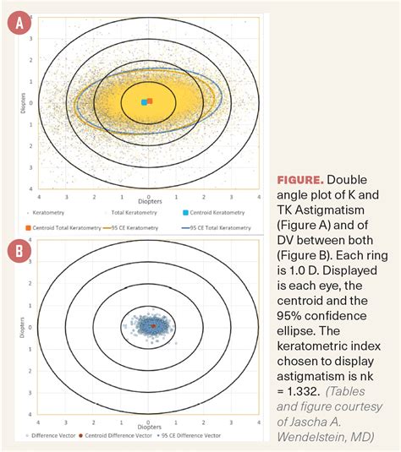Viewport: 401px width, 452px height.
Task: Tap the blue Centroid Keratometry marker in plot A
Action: (144, 102)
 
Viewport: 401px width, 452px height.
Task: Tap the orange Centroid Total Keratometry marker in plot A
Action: (150, 101)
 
